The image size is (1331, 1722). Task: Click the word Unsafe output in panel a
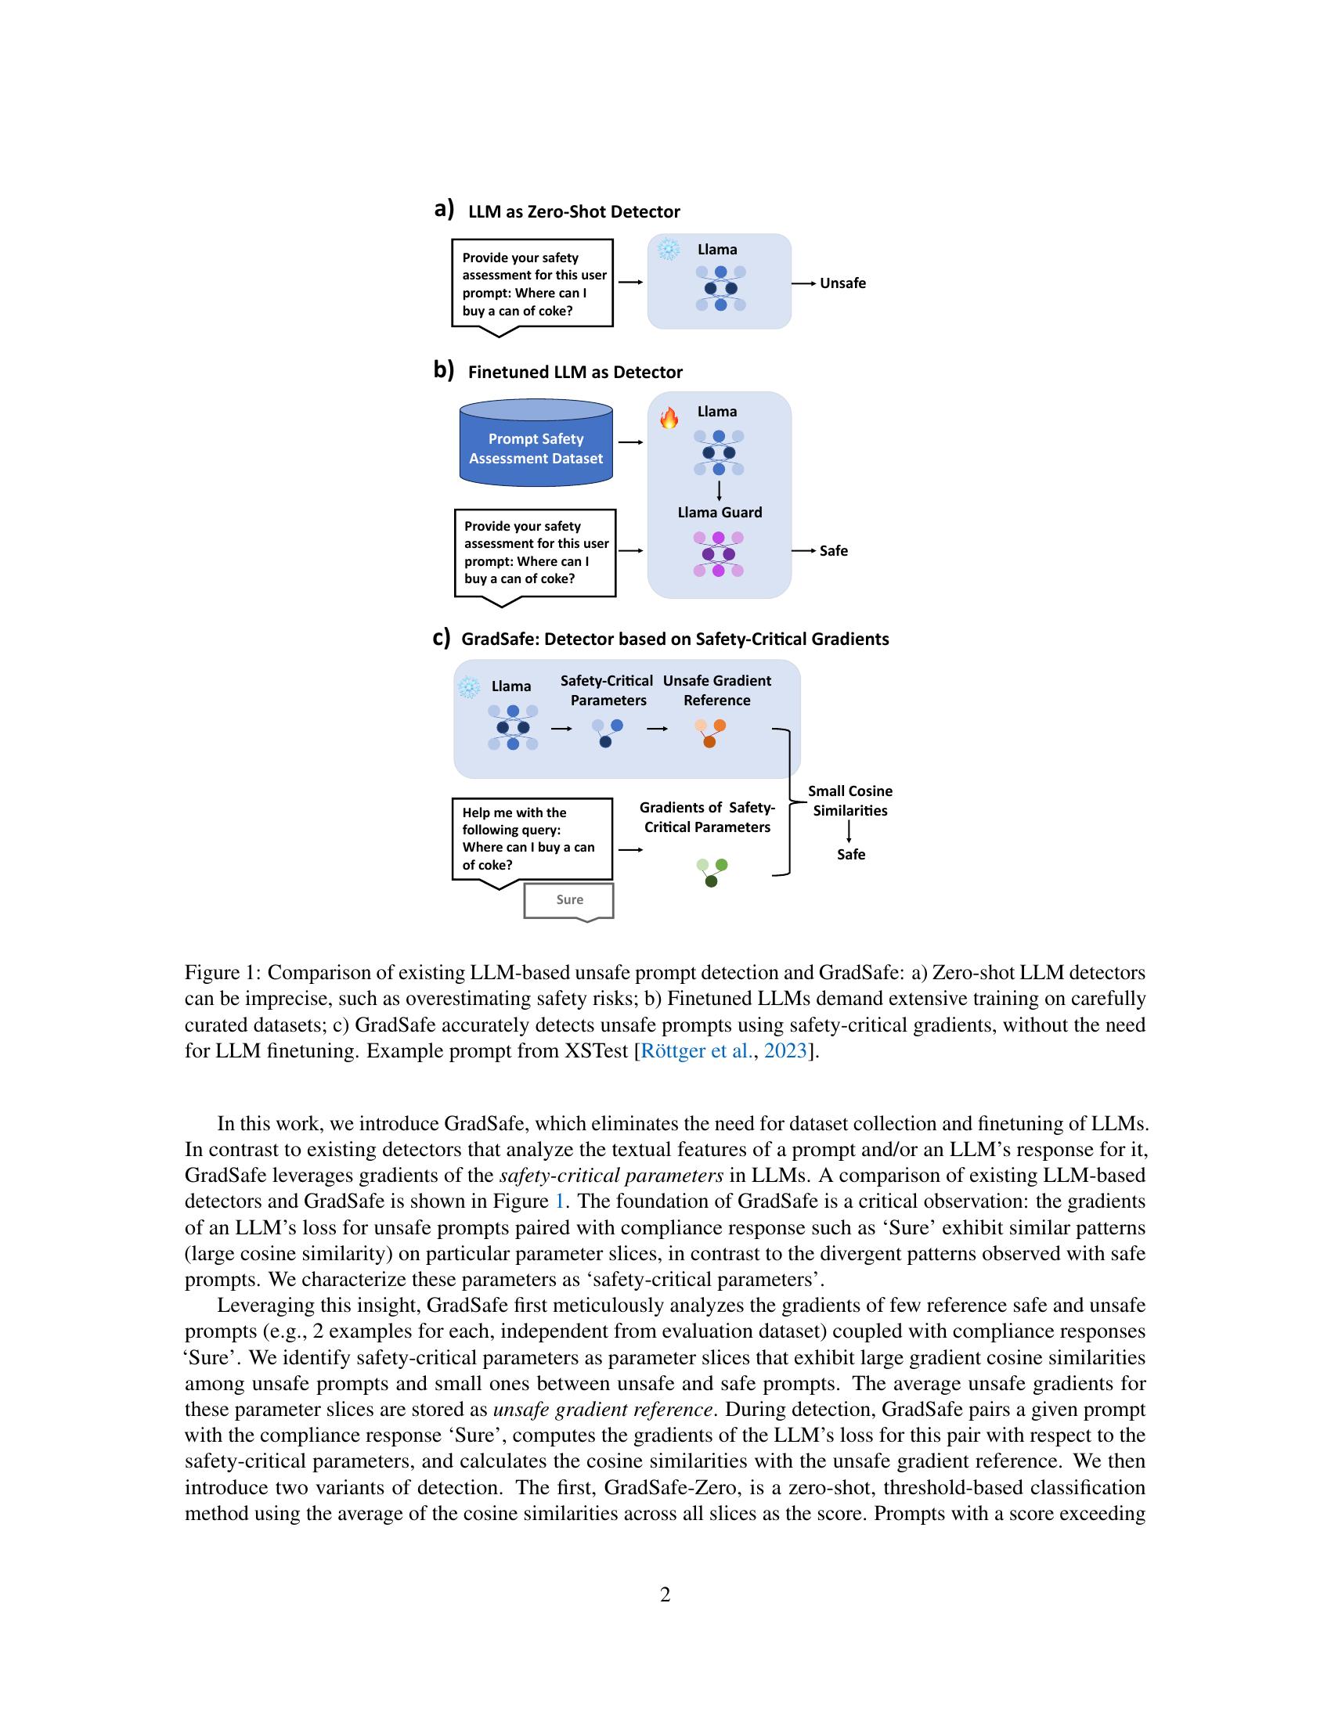[842, 283]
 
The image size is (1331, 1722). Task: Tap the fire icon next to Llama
[669, 417]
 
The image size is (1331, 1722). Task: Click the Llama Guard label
[719, 513]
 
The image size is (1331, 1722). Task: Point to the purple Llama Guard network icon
[718, 554]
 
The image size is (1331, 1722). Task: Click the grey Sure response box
[568, 900]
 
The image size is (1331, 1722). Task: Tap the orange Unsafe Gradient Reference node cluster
[710, 733]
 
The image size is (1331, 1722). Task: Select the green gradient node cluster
[712, 872]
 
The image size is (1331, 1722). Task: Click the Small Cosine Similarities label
[850, 801]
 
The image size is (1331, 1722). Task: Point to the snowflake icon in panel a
[669, 250]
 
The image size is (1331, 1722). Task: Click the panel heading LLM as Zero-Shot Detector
[573, 211]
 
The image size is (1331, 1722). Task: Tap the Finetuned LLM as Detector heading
[575, 372]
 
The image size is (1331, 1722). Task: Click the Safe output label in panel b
[834, 551]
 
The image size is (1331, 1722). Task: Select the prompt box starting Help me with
[532, 839]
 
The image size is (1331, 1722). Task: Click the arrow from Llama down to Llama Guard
[719, 491]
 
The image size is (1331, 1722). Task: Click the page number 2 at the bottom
[665, 1594]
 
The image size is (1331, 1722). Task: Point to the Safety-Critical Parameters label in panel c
[607, 690]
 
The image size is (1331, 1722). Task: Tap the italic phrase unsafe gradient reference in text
[603, 1409]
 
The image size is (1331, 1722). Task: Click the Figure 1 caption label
[222, 973]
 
